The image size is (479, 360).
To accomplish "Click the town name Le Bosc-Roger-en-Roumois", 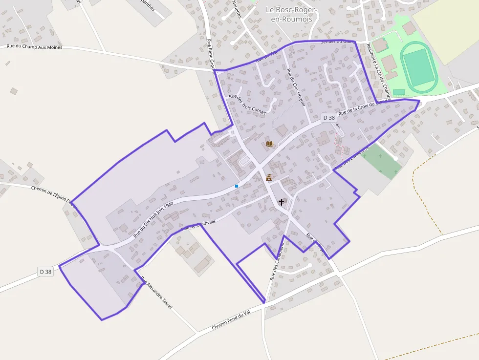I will pyautogui.click(x=292, y=14).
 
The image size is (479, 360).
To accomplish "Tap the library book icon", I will pyautogui.click(x=270, y=144).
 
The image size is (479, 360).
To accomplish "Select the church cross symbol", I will pyautogui.click(x=282, y=201).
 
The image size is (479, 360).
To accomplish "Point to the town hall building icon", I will pyautogui.click(x=268, y=178).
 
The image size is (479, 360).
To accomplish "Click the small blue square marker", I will pyautogui.click(x=237, y=186).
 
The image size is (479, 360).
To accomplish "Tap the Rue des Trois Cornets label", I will pyautogui.click(x=248, y=104).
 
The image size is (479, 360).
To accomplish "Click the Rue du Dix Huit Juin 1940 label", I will pyautogui.click(x=153, y=219).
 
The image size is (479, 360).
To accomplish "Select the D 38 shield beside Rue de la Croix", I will pyautogui.click(x=329, y=118).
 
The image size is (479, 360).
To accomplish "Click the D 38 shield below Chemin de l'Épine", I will pyautogui.click(x=45, y=272).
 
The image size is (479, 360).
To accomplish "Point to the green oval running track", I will pyautogui.click(x=419, y=67).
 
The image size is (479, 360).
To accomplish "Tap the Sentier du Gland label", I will pyautogui.click(x=337, y=42).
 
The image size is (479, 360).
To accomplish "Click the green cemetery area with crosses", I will pyautogui.click(x=382, y=160).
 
